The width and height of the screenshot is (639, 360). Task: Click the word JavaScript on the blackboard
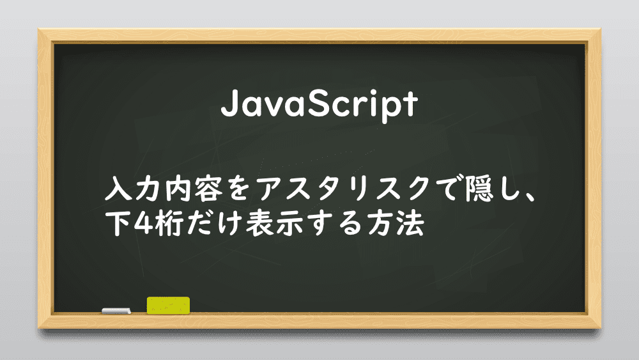point(319,105)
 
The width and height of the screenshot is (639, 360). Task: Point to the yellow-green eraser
point(168,306)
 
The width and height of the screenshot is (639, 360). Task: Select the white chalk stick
point(116,311)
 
